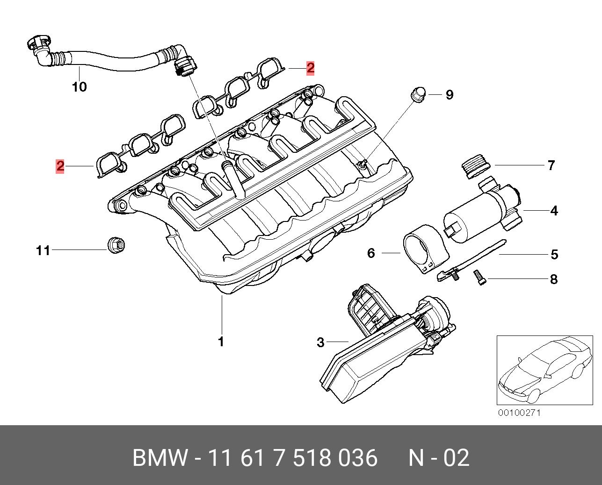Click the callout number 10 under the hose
point(80,87)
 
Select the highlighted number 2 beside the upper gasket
point(310,68)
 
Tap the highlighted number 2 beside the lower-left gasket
point(60,166)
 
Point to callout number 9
point(449,95)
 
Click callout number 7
point(551,165)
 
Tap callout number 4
point(554,211)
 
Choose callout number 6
point(371,253)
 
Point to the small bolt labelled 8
point(480,278)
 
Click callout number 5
point(554,255)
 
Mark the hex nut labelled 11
point(115,244)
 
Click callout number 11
point(43,251)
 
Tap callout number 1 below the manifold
point(221,342)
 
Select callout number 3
point(320,342)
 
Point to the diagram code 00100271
point(519,413)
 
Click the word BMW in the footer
point(160,458)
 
